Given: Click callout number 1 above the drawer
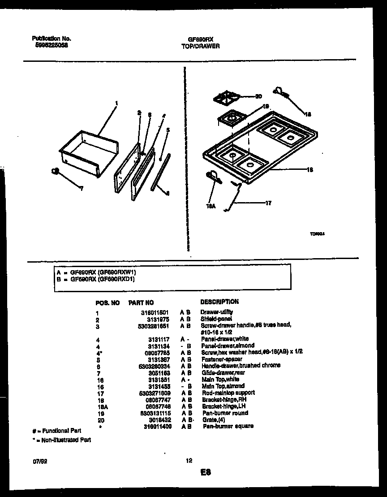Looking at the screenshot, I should click(x=116, y=104).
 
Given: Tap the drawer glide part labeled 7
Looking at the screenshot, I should click(x=56, y=171).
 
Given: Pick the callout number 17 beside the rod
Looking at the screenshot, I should click(x=268, y=203).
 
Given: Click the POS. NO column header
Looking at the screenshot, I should click(x=107, y=303).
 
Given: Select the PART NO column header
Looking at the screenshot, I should click(x=141, y=303).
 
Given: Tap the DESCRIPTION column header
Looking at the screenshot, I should click(x=219, y=302).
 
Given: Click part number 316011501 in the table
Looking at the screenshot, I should click(x=154, y=312).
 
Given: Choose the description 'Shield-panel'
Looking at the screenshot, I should click(x=216, y=319).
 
